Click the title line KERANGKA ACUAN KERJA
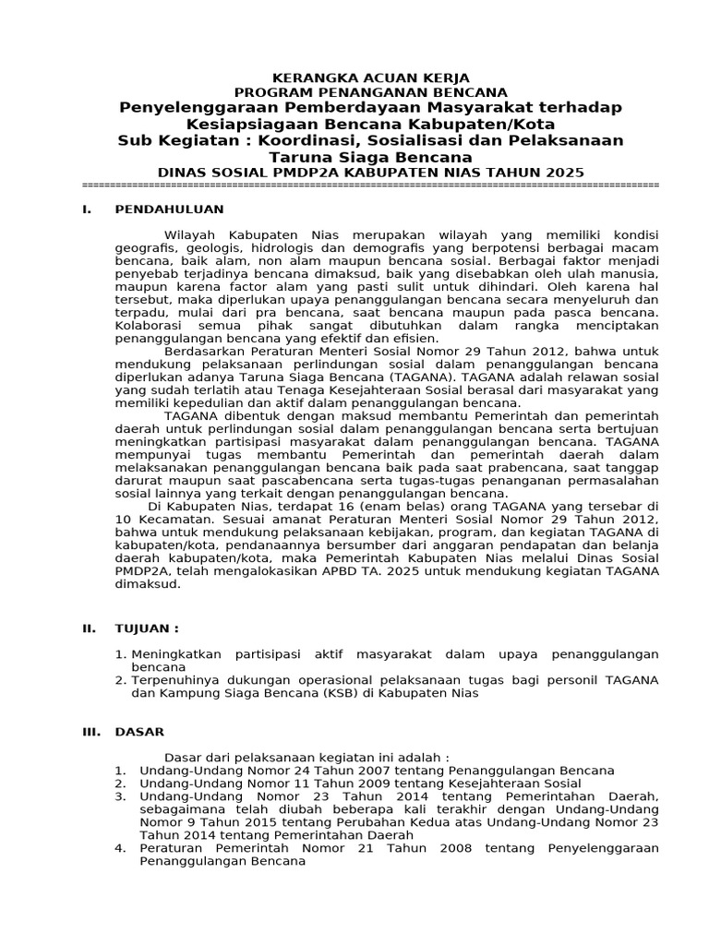pyautogui.click(x=370, y=78)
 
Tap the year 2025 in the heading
pyautogui.click(x=564, y=172)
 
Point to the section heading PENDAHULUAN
pyautogui.click(x=169, y=209)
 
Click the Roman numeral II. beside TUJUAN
pyautogui.click(x=89, y=628)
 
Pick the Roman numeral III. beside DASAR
pyautogui.click(x=90, y=732)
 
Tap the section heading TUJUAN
pyautogui.click(x=146, y=628)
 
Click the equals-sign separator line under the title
pyautogui.click(x=370, y=185)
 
